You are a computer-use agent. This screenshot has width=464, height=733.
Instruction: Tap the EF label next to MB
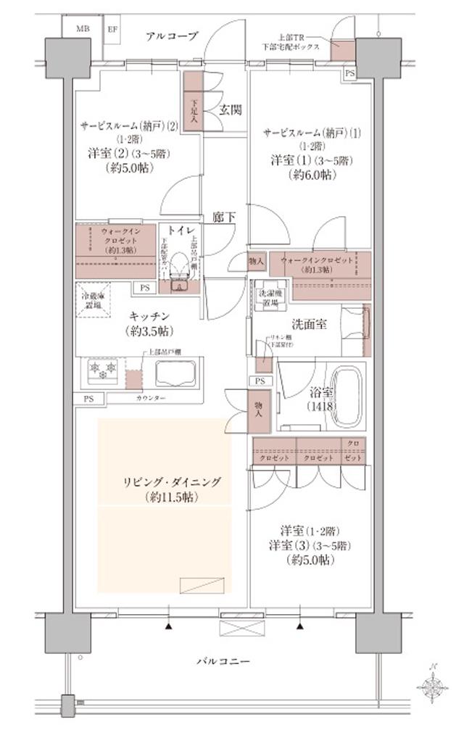(113, 29)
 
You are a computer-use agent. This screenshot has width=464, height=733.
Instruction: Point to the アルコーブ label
(171, 36)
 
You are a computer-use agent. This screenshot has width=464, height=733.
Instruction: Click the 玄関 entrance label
(230, 110)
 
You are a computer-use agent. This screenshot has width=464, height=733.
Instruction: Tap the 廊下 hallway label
(224, 216)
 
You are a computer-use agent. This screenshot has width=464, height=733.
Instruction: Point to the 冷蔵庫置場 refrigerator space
(93, 301)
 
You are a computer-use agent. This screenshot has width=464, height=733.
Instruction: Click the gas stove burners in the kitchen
(102, 370)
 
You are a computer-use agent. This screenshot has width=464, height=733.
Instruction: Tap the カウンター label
(150, 399)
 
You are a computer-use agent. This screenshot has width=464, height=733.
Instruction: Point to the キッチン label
(151, 315)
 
